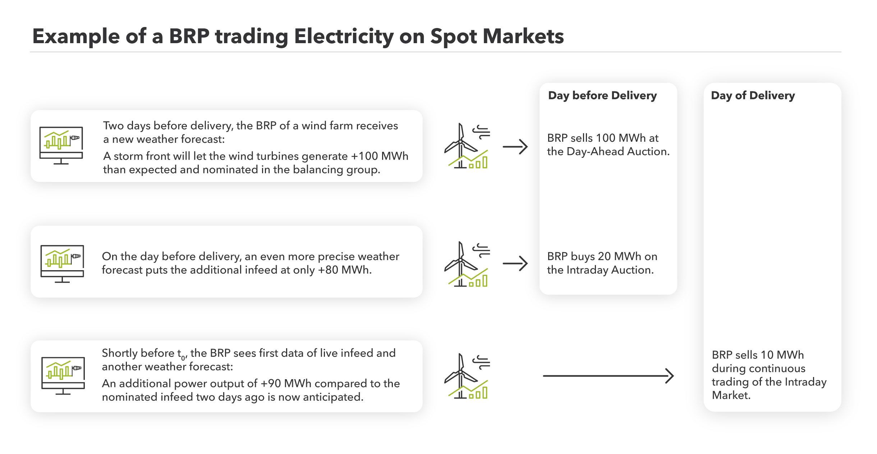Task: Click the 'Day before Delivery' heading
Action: pyautogui.click(x=602, y=96)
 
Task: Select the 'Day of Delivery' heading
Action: pyautogui.click(x=753, y=96)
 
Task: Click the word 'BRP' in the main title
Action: pyautogui.click(x=189, y=36)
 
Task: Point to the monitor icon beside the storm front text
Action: pyautogui.click(x=61, y=145)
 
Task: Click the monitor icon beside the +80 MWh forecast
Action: pyautogui.click(x=62, y=263)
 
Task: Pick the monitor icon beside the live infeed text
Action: pyautogui.click(x=63, y=376)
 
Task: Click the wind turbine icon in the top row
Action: pyautogui.click(x=467, y=146)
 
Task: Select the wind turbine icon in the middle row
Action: pyautogui.click(x=467, y=264)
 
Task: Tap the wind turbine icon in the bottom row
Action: pyautogui.click(x=467, y=376)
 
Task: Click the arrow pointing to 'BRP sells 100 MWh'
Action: pyautogui.click(x=515, y=147)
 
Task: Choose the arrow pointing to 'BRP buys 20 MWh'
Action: pyautogui.click(x=515, y=264)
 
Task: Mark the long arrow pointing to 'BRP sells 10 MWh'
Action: pyautogui.click(x=608, y=376)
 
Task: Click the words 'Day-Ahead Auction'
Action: pyautogui.click(x=618, y=152)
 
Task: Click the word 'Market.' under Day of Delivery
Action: pyautogui.click(x=731, y=395)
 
